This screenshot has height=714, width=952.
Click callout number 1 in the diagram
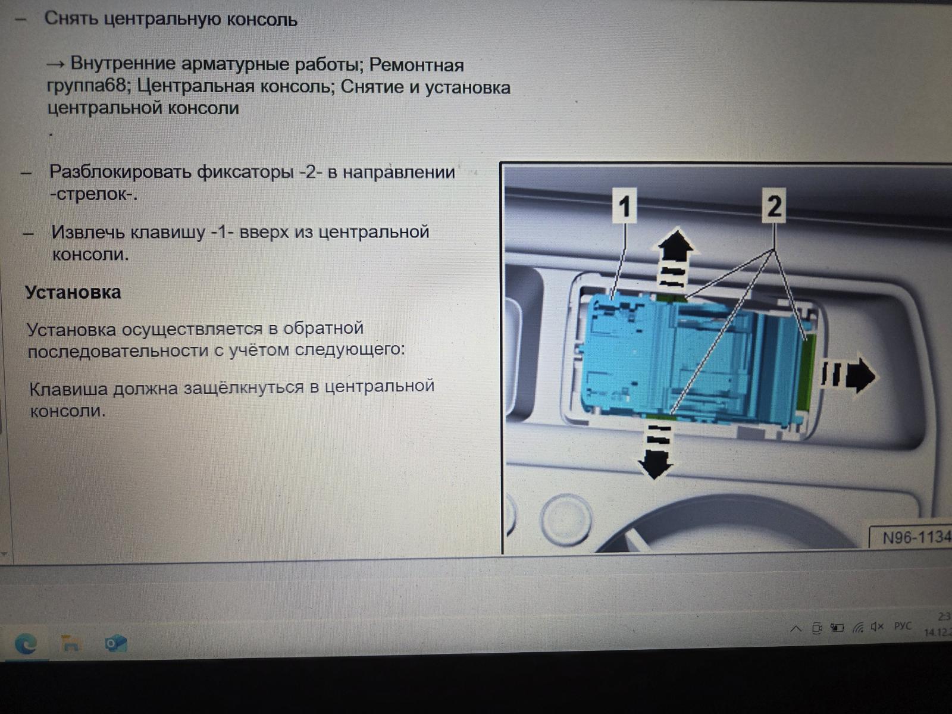624,205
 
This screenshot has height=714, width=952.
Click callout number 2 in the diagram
773,205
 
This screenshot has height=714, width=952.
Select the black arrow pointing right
848,375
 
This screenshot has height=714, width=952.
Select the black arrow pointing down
656,452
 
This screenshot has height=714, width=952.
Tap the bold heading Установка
73,292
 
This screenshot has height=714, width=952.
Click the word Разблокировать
120,172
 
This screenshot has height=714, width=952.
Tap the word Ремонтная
416,65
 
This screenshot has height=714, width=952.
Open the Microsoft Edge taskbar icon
26,644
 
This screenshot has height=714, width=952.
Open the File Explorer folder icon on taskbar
70,643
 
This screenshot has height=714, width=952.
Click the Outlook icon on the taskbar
115,643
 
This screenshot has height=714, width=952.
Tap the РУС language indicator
903,626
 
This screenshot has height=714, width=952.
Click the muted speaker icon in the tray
878,627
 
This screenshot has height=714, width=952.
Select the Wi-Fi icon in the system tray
857,627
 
